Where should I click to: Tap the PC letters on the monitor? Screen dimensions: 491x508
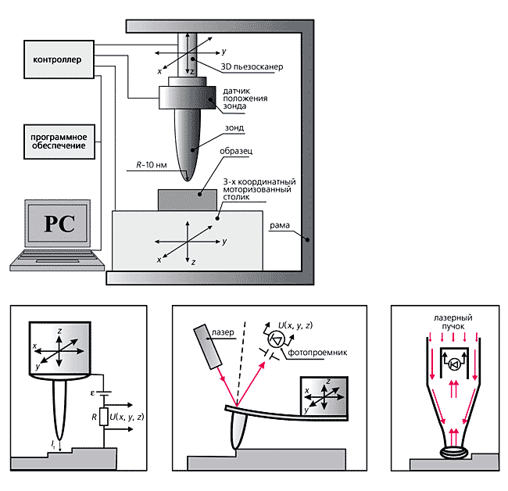tap(59, 224)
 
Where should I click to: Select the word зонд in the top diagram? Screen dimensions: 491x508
tap(233, 127)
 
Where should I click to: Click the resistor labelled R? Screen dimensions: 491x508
tap(104, 418)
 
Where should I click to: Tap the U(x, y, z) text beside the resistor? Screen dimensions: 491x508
tap(127, 417)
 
